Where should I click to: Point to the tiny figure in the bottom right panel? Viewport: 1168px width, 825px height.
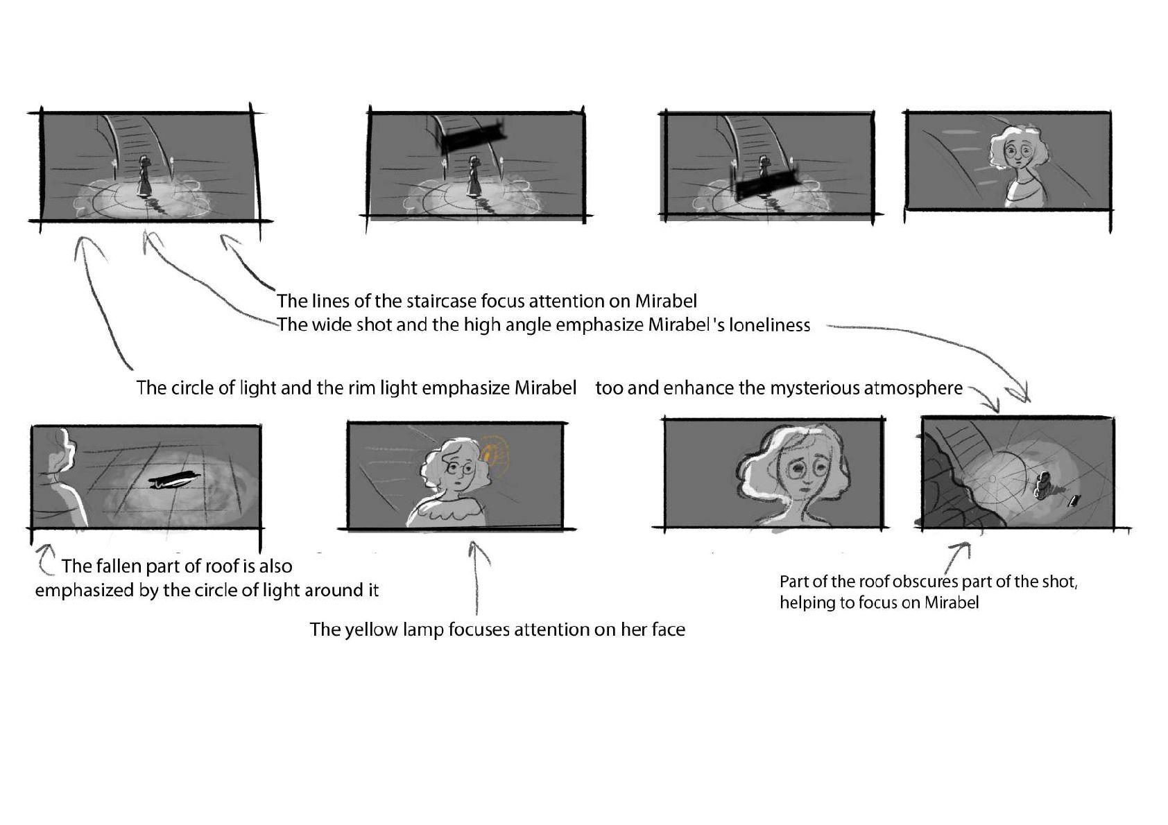pyautogui.click(x=1044, y=485)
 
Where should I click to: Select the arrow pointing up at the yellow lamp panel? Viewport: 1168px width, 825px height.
pyautogui.click(x=476, y=577)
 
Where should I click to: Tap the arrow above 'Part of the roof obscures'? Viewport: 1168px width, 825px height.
pyautogui.click(x=957, y=557)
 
